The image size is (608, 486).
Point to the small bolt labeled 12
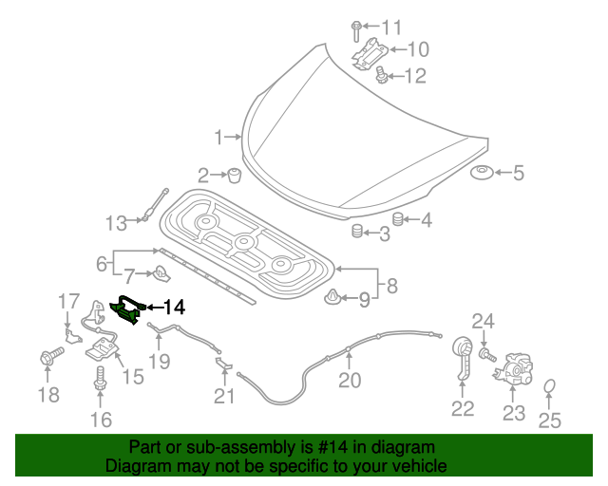point(381,75)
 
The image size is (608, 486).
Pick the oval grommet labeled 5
point(482,174)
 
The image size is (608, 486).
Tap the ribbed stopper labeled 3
point(358,232)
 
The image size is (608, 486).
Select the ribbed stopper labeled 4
point(399,220)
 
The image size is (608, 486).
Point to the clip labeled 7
point(161,276)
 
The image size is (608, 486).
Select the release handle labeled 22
point(463,359)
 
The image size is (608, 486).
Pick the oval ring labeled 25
point(550,386)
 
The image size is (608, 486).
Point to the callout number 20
point(350,380)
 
